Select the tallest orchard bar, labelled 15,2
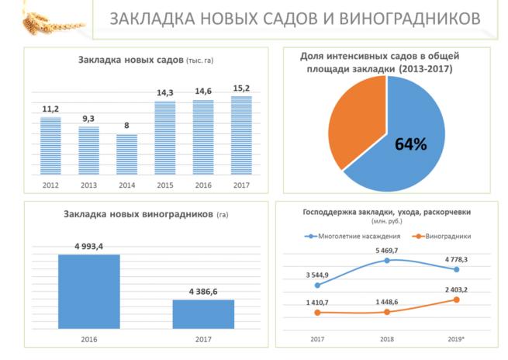pyautogui.click(x=241, y=135)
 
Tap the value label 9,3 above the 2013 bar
pyautogui.click(x=89, y=118)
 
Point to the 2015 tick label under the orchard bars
pyautogui.click(x=165, y=186)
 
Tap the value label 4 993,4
pyautogui.click(x=89, y=246)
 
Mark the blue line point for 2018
pyautogui.click(x=387, y=261)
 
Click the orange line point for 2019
pyautogui.click(x=457, y=299)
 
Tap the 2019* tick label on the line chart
pyautogui.click(x=457, y=340)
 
